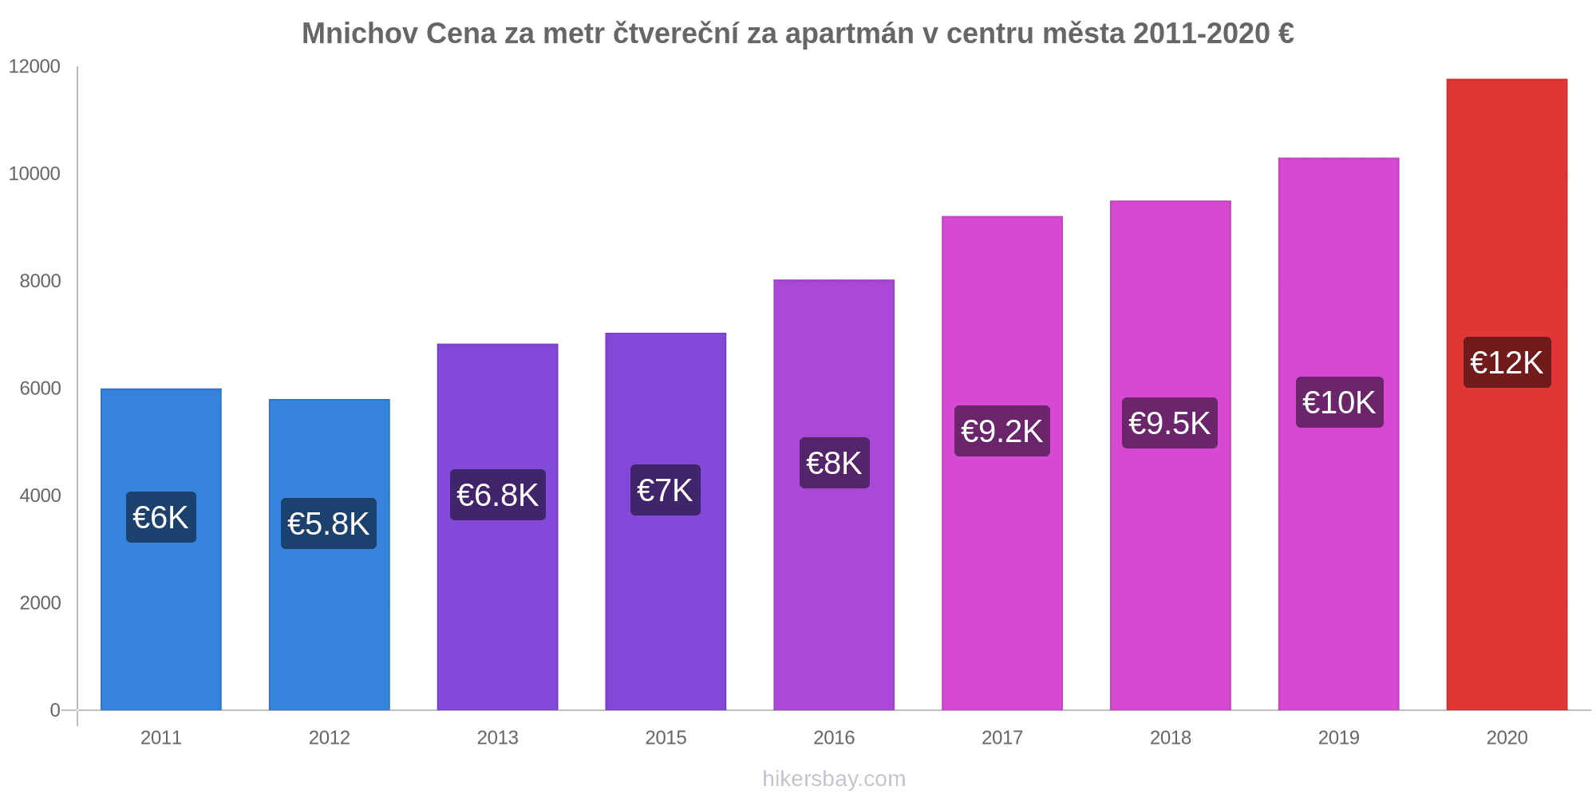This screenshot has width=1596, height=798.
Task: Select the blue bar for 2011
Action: click(161, 622)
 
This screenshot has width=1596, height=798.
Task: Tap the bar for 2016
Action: click(834, 598)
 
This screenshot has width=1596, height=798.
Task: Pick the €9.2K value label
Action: click(1001, 431)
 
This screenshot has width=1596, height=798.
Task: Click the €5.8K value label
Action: click(328, 524)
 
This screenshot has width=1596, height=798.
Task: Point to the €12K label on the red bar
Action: click(1507, 363)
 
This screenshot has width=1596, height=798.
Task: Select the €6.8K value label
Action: click(497, 495)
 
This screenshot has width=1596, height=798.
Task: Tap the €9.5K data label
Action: click(1169, 423)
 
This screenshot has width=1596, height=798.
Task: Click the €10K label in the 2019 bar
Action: click(1339, 402)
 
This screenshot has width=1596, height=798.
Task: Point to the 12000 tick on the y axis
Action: click(34, 67)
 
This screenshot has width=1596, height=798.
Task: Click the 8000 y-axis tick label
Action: click(40, 281)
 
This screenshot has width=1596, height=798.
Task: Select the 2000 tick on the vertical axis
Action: click(40, 603)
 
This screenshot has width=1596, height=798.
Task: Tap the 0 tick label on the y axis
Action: click(55, 710)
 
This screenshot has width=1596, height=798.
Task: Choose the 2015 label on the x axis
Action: click(666, 738)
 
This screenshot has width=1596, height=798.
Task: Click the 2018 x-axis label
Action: click(1170, 738)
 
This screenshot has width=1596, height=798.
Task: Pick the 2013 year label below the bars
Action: click(497, 738)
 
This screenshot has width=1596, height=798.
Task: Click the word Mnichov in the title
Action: click(359, 34)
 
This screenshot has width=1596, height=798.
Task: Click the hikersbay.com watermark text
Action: click(834, 779)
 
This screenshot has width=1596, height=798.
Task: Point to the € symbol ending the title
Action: click(1285, 34)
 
